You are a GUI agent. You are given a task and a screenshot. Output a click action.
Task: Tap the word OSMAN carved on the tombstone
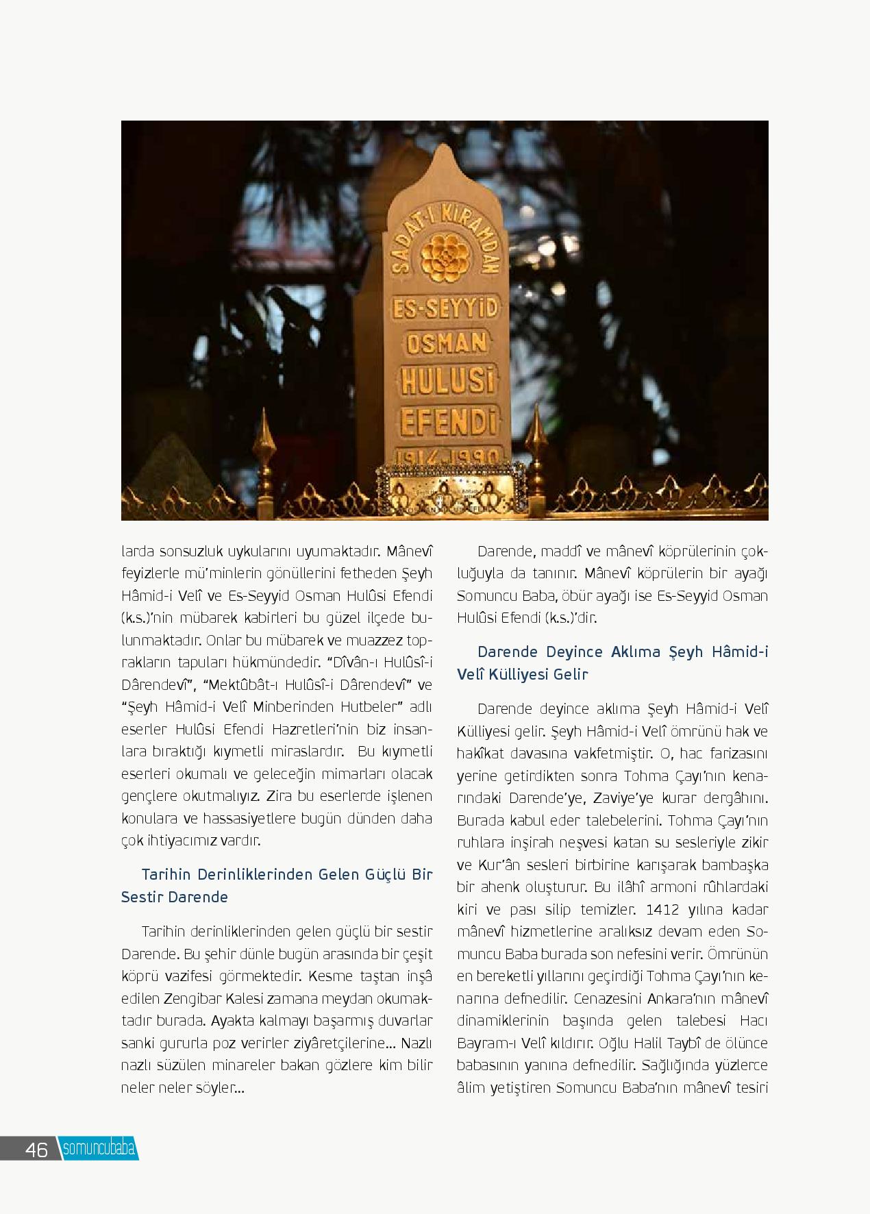click(x=446, y=342)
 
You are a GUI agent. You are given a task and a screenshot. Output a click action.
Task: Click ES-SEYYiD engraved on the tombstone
click(x=445, y=310)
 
